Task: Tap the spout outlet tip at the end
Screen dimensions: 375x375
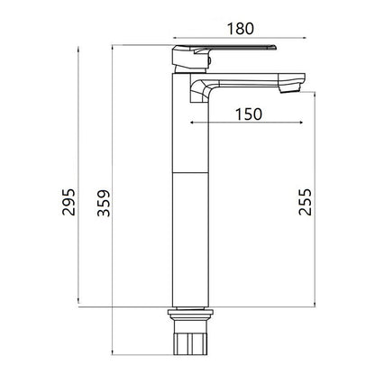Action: click(x=289, y=88)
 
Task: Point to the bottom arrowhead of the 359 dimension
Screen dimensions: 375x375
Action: click(x=112, y=352)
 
